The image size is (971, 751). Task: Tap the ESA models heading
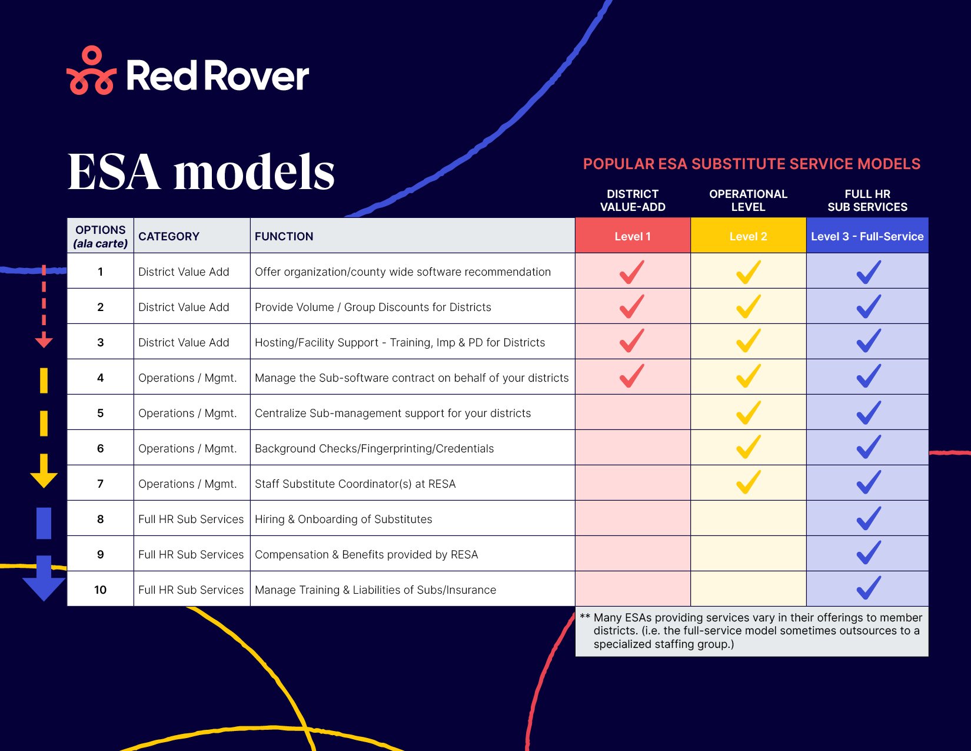[x=201, y=172]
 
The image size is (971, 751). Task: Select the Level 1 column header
[x=632, y=236]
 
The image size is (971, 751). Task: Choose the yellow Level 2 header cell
[x=747, y=236]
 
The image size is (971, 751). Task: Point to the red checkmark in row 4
[x=631, y=376]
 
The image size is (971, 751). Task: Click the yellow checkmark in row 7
[x=748, y=482]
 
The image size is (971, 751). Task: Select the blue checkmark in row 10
[x=868, y=588]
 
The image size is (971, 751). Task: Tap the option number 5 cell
[x=100, y=413]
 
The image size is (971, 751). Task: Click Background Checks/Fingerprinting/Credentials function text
[x=374, y=448]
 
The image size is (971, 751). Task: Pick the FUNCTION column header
[x=284, y=236]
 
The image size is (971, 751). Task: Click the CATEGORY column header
[x=169, y=236]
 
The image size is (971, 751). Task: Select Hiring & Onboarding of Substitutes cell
[x=343, y=519]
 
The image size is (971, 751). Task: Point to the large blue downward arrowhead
[x=44, y=586]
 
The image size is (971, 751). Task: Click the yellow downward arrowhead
[x=44, y=477]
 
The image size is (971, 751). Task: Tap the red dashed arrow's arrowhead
[x=44, y=342]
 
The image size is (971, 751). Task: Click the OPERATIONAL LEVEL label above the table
[x=747, y=200]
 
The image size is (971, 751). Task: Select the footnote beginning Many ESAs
[x=751, y=631]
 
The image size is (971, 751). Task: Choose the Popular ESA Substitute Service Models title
[x=751, y=164]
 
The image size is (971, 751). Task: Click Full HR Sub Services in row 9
[x=191, y=554]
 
